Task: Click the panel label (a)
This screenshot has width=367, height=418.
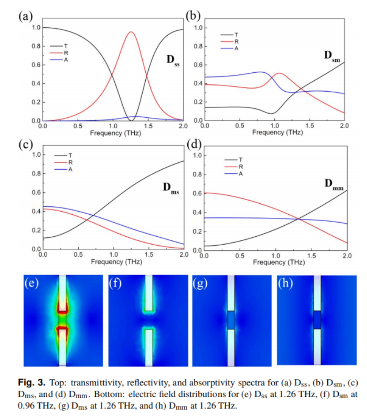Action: [x=25, y=16]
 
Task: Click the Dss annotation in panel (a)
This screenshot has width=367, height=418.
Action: [x=173, y=60]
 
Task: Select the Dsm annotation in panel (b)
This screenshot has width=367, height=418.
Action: [x=332, y=56]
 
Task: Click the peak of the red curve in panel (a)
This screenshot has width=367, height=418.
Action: [x=131, y=32]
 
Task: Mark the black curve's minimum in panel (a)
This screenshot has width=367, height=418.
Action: [x=131, y=120]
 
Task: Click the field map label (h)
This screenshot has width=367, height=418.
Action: [x=285, y=283]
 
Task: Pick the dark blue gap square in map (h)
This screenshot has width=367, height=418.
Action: [x=317, y=320]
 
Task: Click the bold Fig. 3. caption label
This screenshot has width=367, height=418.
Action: [x=32, y=381]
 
